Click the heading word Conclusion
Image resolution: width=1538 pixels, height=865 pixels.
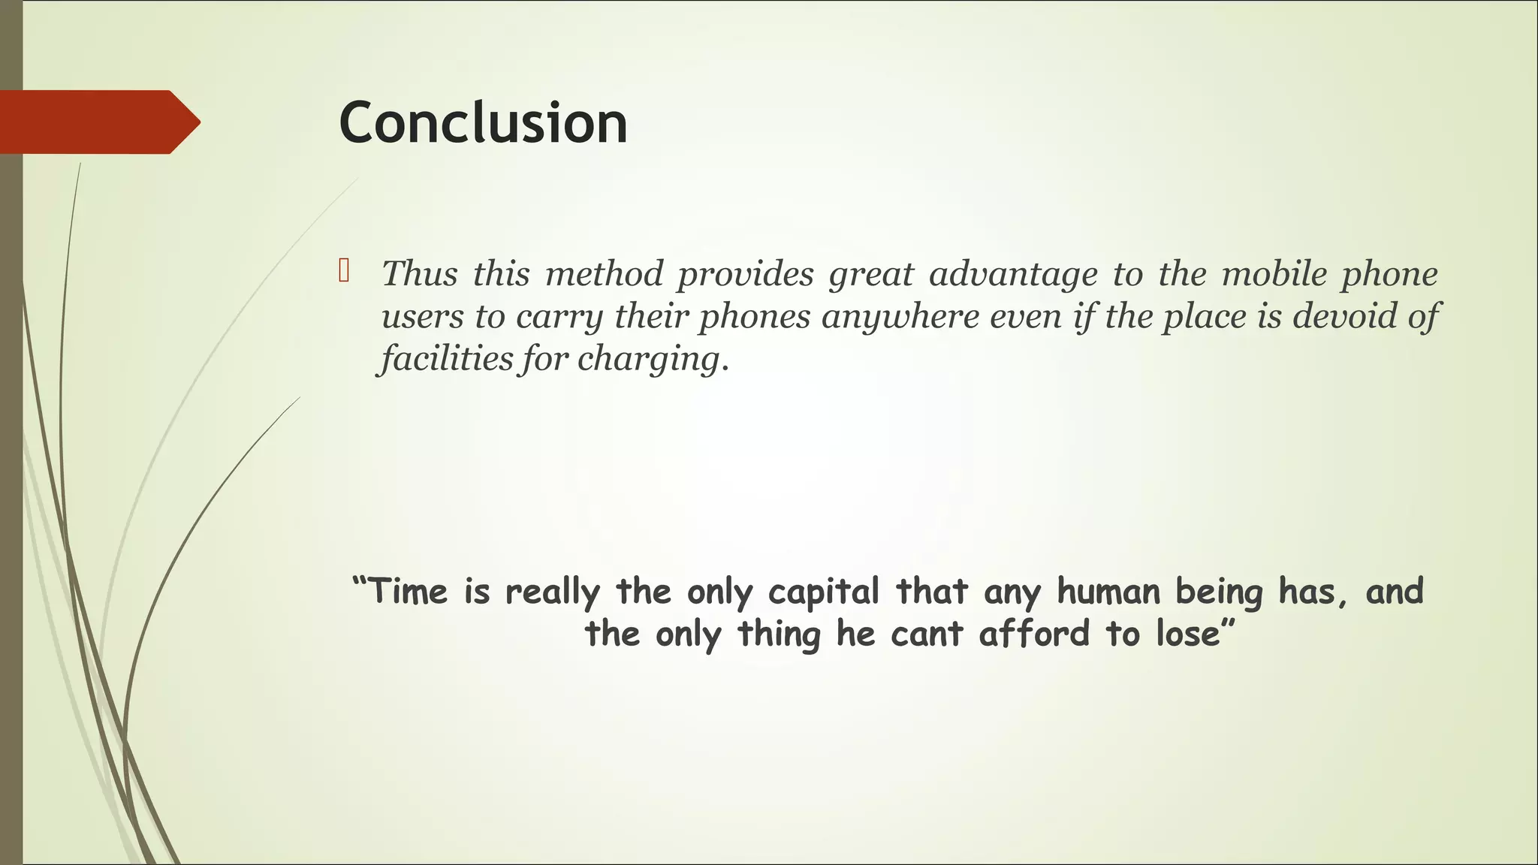[483, 123]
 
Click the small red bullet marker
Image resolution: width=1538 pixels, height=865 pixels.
[344, 270]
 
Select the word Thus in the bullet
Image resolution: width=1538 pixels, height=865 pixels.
[419, 273]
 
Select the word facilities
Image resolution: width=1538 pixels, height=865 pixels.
[447, 358]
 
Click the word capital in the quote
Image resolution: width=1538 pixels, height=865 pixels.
[823, 592]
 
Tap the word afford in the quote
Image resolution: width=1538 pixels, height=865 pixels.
[1034, 634]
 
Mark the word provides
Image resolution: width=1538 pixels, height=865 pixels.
[745, 274]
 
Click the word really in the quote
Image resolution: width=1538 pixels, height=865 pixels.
[552, 592]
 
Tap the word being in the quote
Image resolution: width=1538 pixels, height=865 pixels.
[1220, 592]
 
